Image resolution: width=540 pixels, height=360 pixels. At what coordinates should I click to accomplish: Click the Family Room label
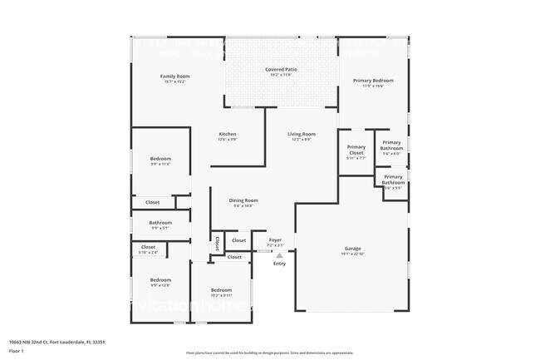point(174,76)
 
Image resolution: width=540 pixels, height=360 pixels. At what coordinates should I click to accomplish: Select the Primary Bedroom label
point(373,81)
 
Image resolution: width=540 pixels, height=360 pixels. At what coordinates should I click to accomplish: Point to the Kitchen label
point(228,135)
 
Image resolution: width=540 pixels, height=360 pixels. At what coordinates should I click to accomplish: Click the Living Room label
point(301,134)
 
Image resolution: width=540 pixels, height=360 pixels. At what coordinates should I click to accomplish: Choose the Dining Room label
point(243,200)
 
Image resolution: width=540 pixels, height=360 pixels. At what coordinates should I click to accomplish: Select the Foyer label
point(275,240)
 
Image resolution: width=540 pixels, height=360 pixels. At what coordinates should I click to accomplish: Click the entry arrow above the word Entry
point(279,256)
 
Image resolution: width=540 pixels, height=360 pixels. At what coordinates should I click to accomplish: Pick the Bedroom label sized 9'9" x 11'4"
point(160,159)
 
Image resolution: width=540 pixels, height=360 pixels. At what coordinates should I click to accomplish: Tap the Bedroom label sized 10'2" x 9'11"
point(221,290)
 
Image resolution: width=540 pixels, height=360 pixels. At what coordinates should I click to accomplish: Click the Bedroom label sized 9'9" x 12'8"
point(160,280)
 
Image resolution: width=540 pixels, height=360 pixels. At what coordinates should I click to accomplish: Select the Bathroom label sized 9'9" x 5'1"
point(160,223)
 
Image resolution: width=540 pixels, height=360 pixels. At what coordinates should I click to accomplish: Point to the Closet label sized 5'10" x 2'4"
point(148,247)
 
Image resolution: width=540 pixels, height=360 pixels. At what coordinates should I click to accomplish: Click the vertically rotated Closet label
point(217,243)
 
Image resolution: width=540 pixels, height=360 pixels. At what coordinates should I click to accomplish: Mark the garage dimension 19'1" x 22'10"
point(353,254)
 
